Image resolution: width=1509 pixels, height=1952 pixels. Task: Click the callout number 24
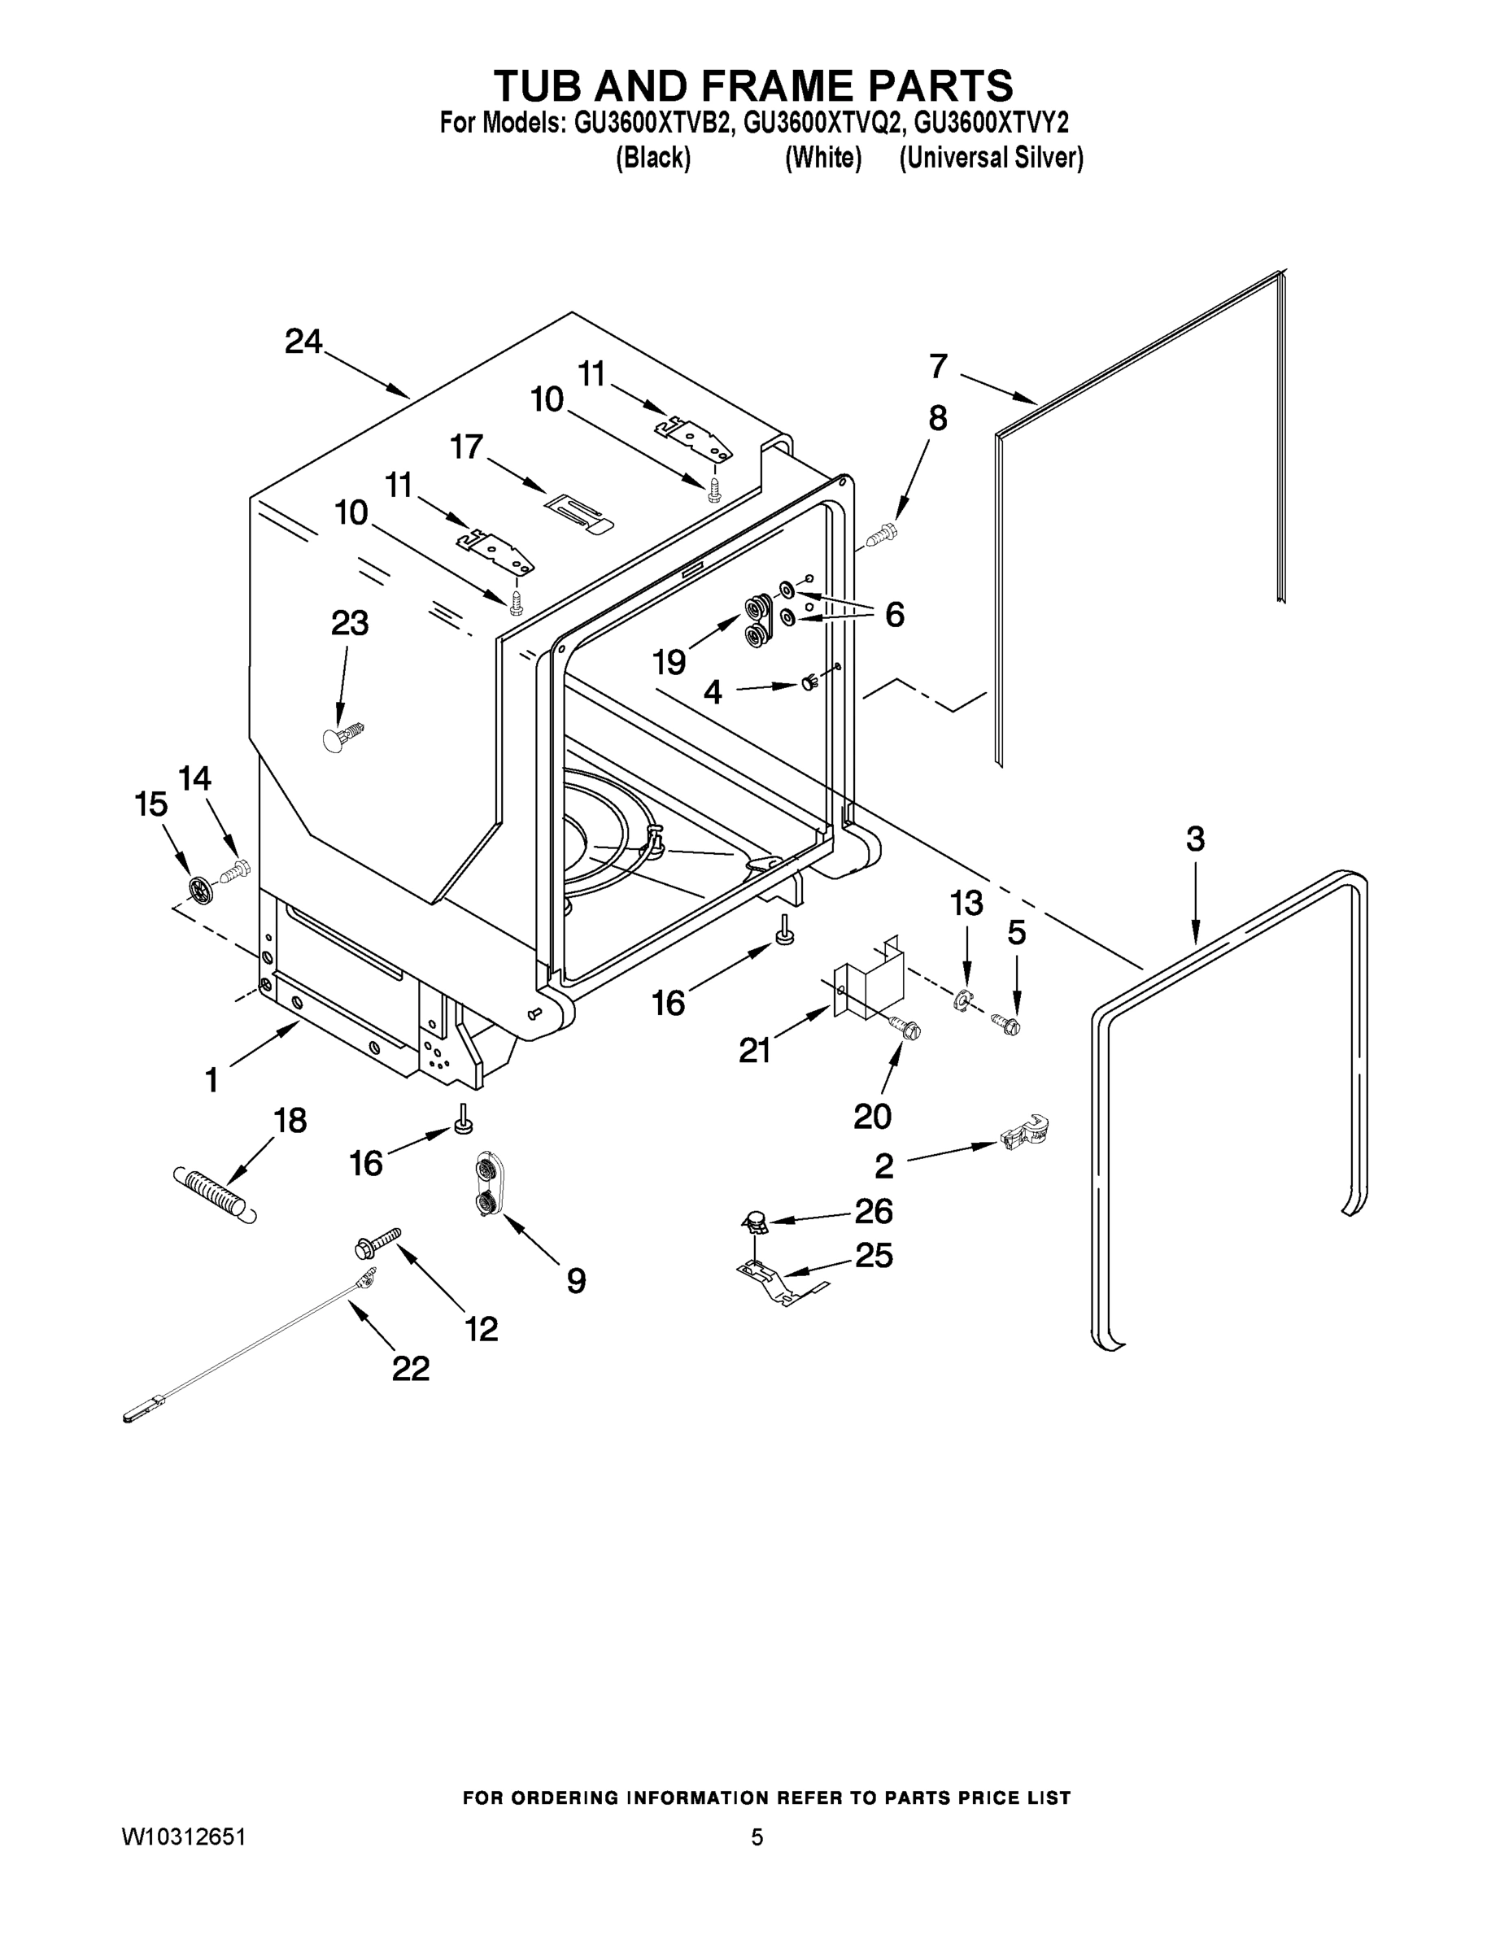[x=303, y=342]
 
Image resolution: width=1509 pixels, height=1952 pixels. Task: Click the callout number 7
[x=938, y=367]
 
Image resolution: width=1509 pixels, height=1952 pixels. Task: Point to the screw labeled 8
[x=883, y=535]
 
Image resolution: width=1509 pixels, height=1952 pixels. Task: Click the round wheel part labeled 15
[x=200, y=888]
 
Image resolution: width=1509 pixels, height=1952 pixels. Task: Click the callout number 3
[x=1195, y=839]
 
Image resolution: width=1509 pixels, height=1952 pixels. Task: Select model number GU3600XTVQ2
[x=821, y=123]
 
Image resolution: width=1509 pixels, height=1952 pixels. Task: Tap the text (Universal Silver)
[x=992, y=159]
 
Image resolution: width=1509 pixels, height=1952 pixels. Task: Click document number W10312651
[x=184, y=1837]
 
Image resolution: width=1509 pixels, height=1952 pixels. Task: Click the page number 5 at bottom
[x=757, y=1837]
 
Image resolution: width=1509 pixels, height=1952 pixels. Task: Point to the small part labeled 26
[x=757, y=1220]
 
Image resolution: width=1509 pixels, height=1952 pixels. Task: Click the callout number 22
[x=410, y=1368]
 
